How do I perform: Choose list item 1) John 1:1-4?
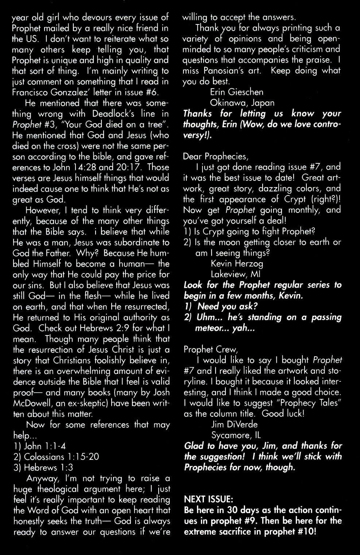(x=39, y=446)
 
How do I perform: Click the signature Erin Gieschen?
(x=237, y=92)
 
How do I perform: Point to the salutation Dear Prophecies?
(x=215, y=156)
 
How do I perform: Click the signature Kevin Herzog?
(x=237, y=263)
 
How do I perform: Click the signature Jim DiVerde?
(x=234, y=424)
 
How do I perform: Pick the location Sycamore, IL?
(x=236, y=435)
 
